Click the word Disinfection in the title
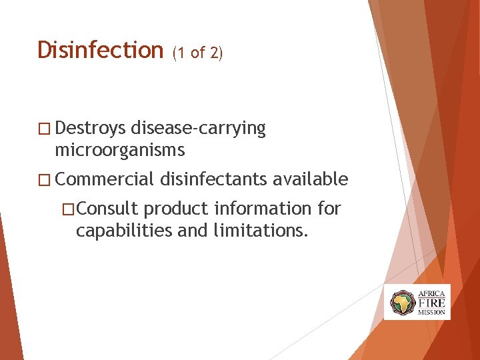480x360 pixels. [100, 50]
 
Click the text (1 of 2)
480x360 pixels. [197, 53]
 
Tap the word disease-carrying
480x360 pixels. [199, 129]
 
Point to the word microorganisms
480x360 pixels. [120, 150]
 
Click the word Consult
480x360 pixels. [107, 209]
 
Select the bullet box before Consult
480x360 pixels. [67, 209]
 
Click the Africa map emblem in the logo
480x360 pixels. [402, 303]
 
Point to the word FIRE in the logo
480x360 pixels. [431, 302]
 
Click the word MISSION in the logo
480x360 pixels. [431, 312]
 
